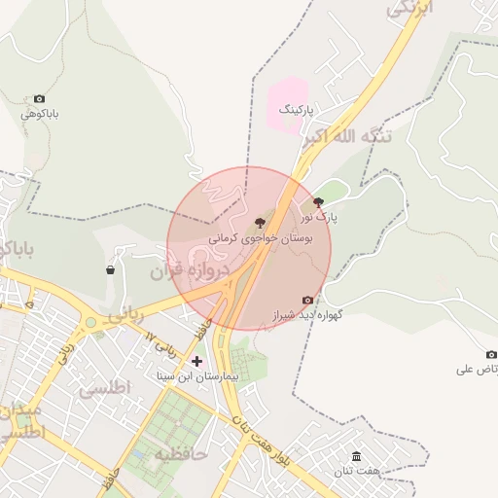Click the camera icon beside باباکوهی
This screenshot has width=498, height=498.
tap(39, 99)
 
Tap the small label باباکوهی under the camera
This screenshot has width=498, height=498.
tap(41, 114)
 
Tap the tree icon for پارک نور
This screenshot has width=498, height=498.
tap(318, 202)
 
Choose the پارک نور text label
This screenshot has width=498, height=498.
tap(319, 218)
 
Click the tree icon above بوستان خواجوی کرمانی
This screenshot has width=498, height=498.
tap(259, 223)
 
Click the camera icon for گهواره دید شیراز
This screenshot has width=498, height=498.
tap(308, 300)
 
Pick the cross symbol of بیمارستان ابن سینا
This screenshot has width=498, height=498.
tap(196, 361)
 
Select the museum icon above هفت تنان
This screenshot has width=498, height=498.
tap(356, 456)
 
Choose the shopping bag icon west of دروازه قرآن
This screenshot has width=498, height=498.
tap(110, 270)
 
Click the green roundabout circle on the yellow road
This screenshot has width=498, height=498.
tap(90, 322)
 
